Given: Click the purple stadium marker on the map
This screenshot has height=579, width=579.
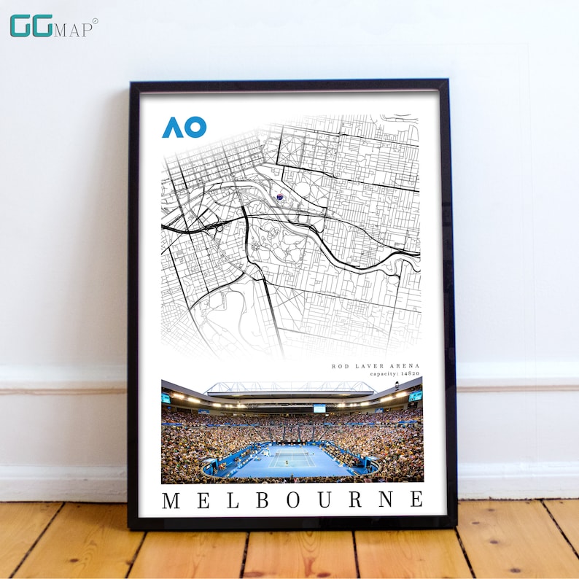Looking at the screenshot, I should [x=279, y=196].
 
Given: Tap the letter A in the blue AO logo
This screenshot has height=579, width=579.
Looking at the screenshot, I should [x=172, y=128].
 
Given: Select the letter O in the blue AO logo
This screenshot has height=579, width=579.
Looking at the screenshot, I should [x=195, y=128].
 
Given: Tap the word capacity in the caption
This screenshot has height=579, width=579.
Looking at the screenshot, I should [x=383, y=373].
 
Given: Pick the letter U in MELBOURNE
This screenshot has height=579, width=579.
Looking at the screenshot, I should [x=324, y=500].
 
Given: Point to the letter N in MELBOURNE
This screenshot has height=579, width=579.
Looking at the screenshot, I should [x=385, y=500].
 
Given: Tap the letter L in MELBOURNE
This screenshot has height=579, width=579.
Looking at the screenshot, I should [x=233, y=500].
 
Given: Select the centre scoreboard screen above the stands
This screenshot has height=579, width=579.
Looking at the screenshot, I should [x=319, y=408].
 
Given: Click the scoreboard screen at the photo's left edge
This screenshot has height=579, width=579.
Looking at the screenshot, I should [x=166, y=398].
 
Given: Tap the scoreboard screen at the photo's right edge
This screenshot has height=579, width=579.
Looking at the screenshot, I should [x=416, y=396].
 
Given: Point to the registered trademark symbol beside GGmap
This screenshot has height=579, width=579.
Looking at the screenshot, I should [x=95, y=21].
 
